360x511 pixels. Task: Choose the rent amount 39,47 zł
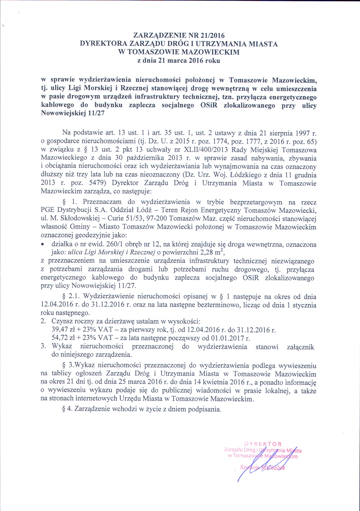[x=62, y=330]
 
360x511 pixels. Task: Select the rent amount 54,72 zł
[x=62, y=338]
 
